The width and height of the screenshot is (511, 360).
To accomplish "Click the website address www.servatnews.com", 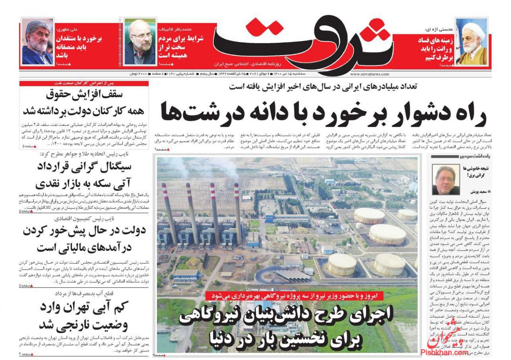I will [x=370, y=74].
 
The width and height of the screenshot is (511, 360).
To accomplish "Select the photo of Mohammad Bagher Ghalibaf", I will [x=140, y=42].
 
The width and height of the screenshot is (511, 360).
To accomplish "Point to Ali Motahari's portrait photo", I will [x=37, y=42].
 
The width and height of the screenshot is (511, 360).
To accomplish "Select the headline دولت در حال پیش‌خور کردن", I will [x=83, y=239].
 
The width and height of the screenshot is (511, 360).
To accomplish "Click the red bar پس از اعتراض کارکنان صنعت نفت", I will [x=84, y=83].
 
